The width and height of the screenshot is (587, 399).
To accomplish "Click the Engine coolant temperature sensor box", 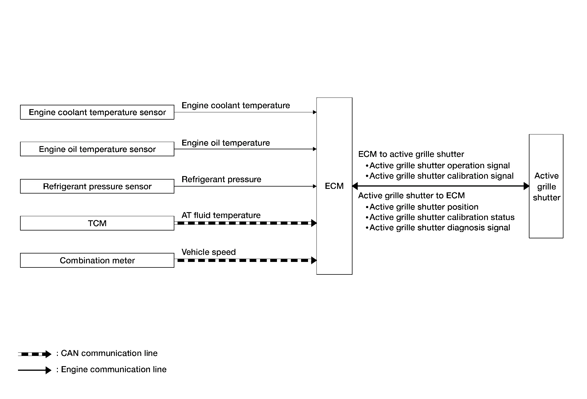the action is pyautogui.click(x=97, y=112).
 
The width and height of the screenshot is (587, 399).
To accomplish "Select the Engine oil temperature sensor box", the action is pyautogui.click(x=97, y=149).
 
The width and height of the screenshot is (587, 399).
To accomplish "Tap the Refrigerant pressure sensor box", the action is pyautogui.click(x=97, y=186).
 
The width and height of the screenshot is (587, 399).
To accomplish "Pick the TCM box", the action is pyautogui.click(x=97, y=223).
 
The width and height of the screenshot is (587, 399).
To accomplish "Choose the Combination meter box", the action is pyautogui.click(x=97, y=260).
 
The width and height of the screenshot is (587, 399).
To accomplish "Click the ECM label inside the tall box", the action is pyautogui.click(x=334, y=186).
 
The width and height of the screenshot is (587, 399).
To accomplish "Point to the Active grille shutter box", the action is pyautogui.click(x=546, y=186).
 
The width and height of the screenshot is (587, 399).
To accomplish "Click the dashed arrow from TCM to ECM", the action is pyautogui.click(x=246, y=223).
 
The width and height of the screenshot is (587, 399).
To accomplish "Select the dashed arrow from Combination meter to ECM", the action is pyautogui.click(x=246, y=260).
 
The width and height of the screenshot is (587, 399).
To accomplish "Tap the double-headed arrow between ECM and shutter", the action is pyautogui.click(x=441, y=186).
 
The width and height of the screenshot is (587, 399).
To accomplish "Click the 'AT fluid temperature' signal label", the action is pyautogui.click(x=221, y=215).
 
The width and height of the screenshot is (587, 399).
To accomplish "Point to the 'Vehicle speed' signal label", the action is pyautogui.click(x=209, y=252).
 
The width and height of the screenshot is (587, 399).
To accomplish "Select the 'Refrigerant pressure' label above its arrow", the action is pyautogui.click(x=221, y=179).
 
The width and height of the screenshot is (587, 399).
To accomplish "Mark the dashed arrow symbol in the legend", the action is pyautogui.click(x=35, y=354).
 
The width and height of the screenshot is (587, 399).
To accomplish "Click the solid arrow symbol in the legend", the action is pyautogui.click(x=35, y=370).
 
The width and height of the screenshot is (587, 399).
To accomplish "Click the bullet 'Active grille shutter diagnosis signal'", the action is pyautogui.click(x=438, y=228).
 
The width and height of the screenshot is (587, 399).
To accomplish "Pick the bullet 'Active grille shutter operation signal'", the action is pyautogui.click(x=438, y=166).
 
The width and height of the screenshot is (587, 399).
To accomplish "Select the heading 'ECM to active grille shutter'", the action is pyautogui.click(x=411, y=154).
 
